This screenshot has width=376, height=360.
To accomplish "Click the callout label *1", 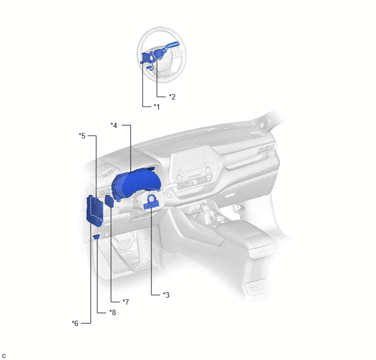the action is tap(157, 106).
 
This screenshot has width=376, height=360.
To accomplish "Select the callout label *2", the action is tap(172, 97).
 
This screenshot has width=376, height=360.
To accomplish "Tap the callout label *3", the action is tap(166, 294).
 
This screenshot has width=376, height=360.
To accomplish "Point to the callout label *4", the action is tap(114, 125).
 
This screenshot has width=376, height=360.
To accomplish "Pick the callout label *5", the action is tap(82, 136).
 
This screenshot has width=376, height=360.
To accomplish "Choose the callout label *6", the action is tap(75, 323).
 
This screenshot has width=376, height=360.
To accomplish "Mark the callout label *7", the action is tap(126, 301).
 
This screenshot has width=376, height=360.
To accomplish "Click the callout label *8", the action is tap(113, 312).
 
